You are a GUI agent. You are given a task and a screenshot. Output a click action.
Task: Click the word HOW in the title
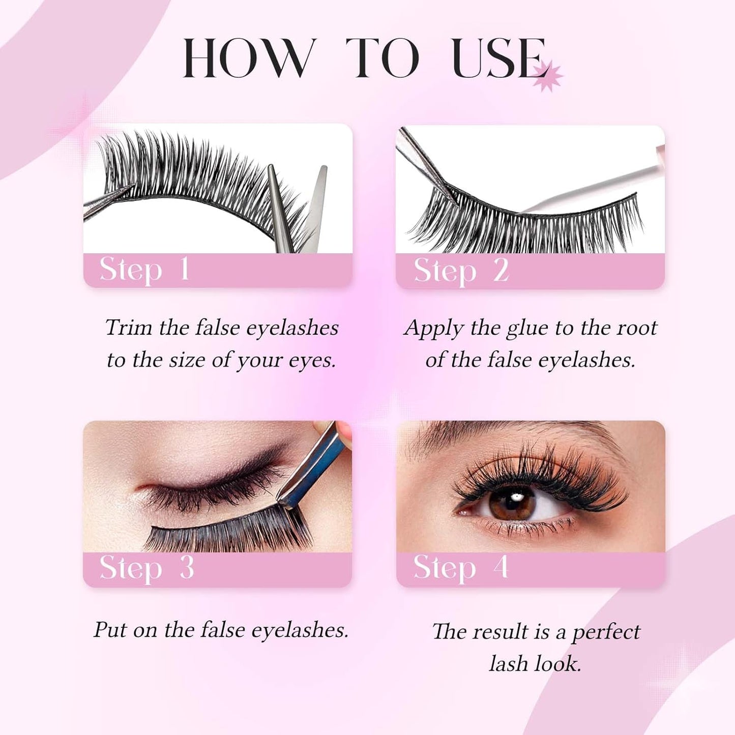(x=247, y=58)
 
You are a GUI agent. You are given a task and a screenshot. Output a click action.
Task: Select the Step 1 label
(x=144, y=270)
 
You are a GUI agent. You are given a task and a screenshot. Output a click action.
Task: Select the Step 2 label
(x=461, y=271)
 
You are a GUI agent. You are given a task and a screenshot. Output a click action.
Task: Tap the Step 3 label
(x=146, y=568)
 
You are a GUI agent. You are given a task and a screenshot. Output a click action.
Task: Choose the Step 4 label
(x=460, y=568)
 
